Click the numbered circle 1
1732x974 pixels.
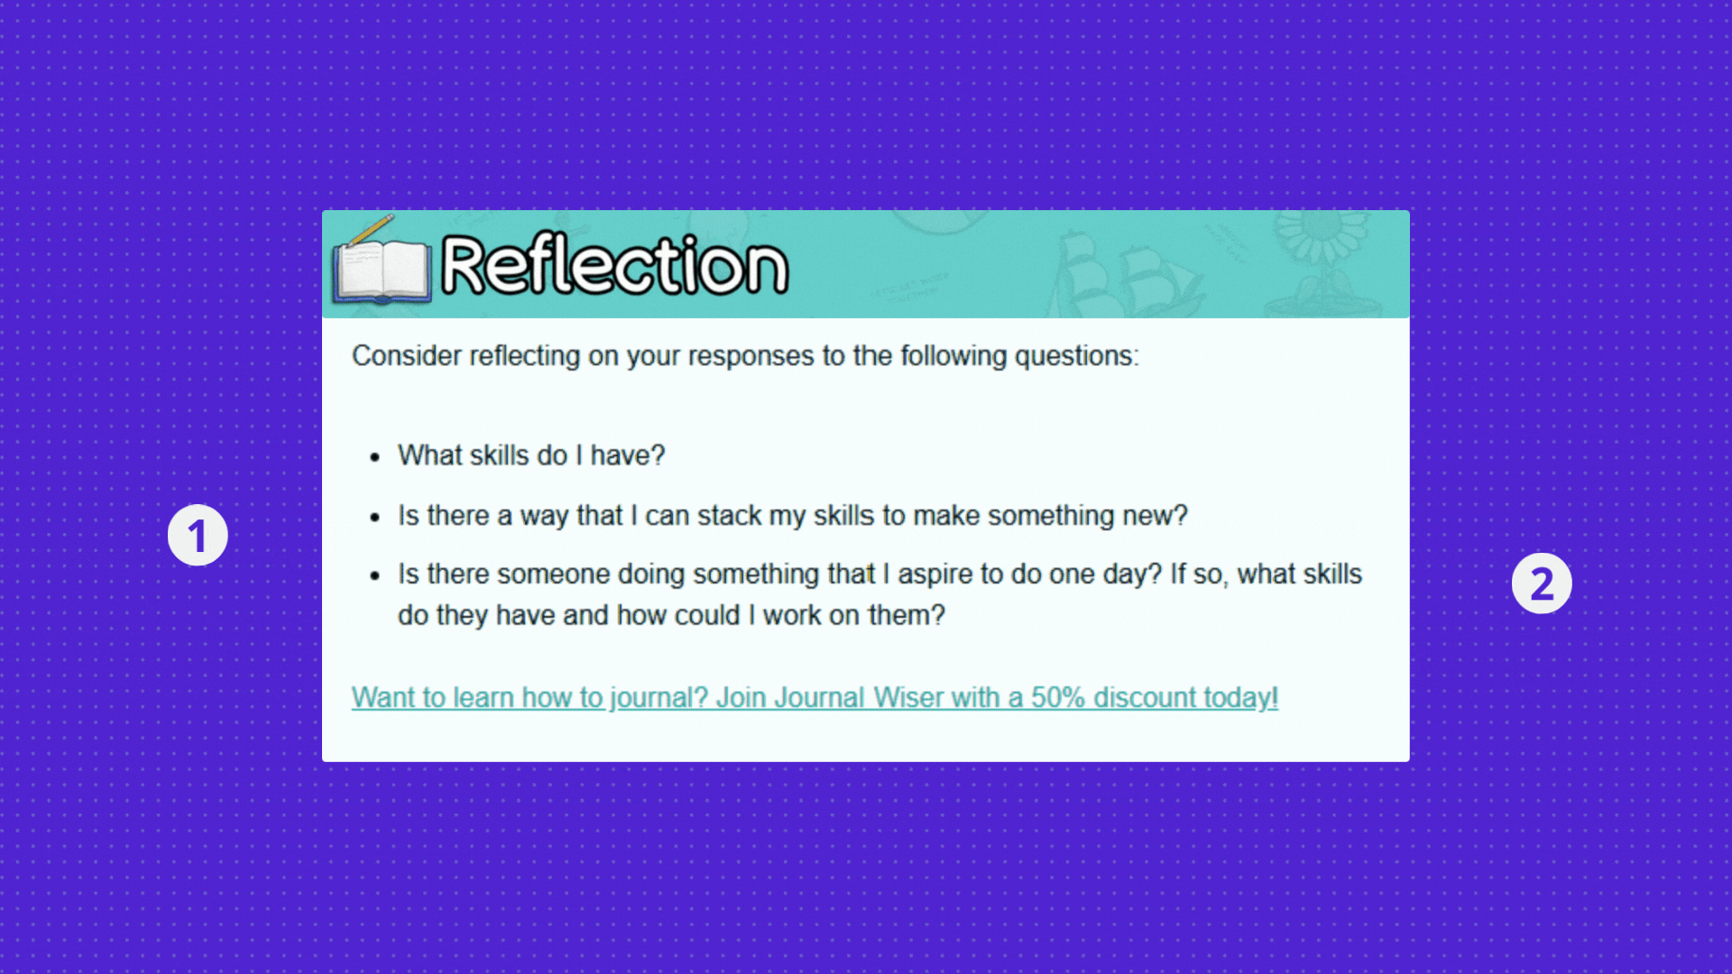point(198,535)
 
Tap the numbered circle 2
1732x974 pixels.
point(1542,583)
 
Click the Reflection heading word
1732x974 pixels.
point(614,265)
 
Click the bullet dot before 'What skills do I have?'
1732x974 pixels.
point(375,457)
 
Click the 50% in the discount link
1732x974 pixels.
point(1058,697)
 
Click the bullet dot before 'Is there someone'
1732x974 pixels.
point(375,576)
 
